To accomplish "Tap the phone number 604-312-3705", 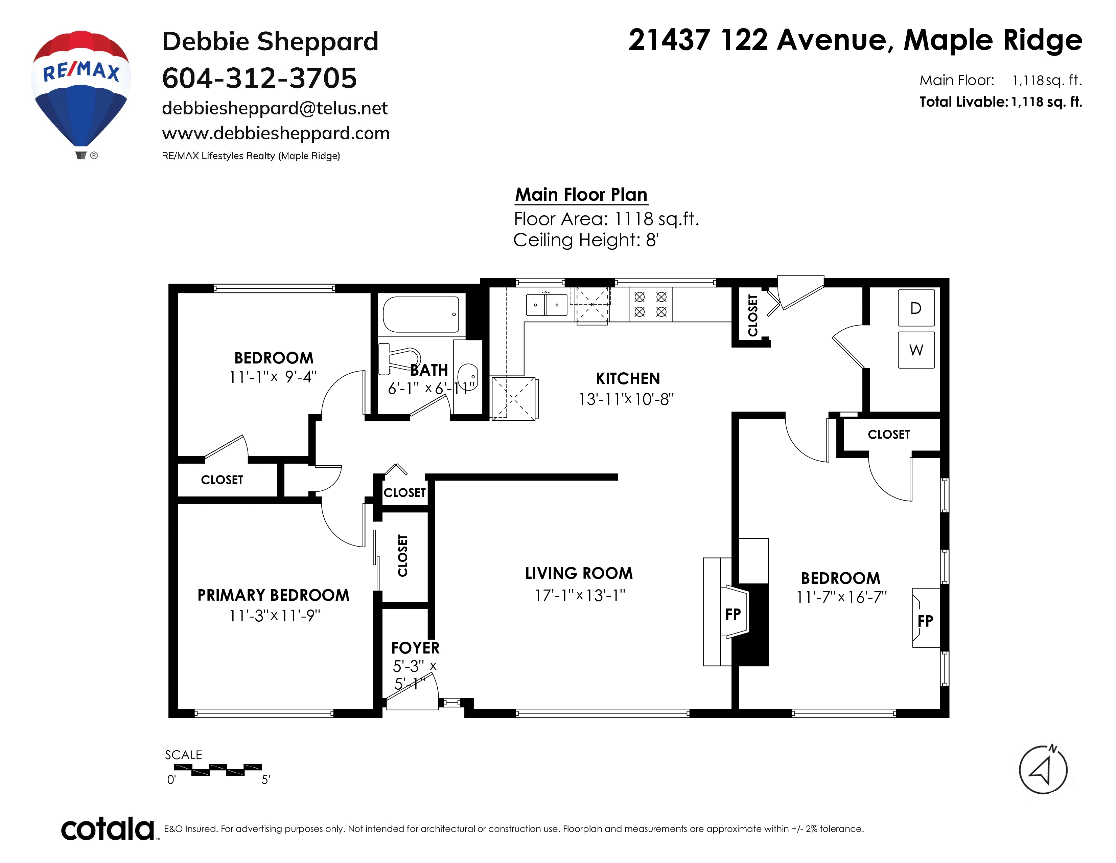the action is (x=259, y=78).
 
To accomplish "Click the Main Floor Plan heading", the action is (x=581, y=195).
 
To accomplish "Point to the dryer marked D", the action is (x=916, y=308).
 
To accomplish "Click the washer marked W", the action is (x=916, y=350).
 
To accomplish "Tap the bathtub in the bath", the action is (x=421, y=314).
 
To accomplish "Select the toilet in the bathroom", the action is (x=399, y=358).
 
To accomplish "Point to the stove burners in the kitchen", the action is (x=650, y=304).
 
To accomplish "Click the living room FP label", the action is (x=733, y=614).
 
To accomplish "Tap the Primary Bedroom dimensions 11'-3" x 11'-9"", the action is (x=274, y=616).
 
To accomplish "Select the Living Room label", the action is (x=579, y=573).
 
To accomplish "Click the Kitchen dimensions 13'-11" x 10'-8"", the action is (x=626, y=399).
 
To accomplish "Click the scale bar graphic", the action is (x=218, y=770).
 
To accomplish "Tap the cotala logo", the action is (x=107, y=829).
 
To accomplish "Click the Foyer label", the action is (x=415, y=648).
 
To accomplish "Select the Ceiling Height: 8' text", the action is (x=586, y=240).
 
